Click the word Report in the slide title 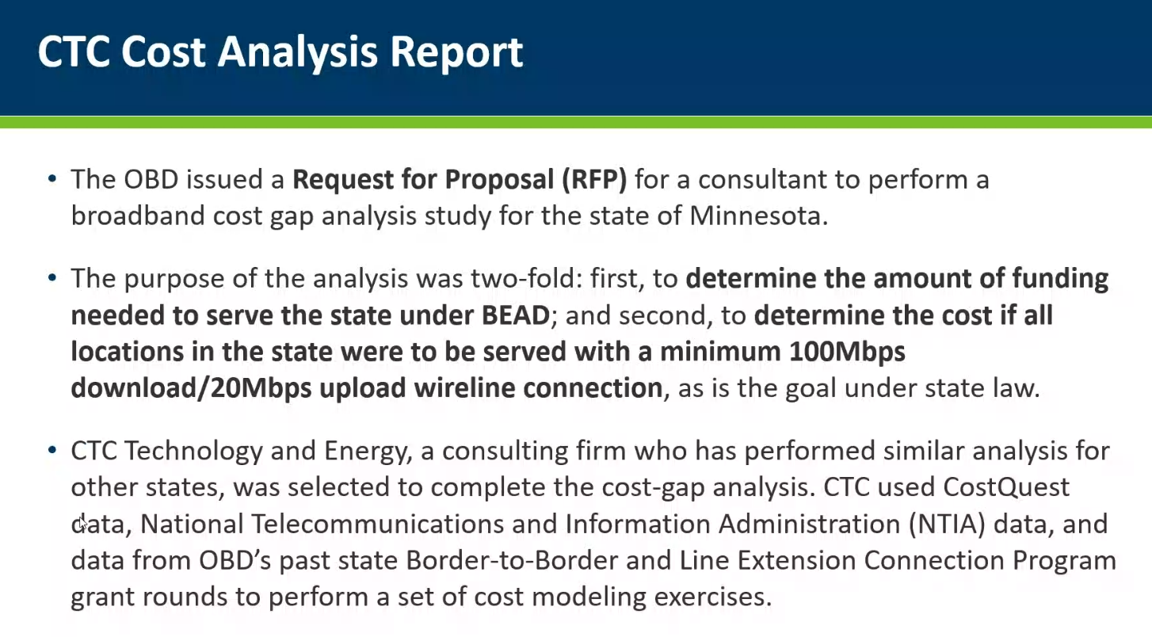click(x=456, y=52)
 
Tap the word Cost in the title click(x=163, y=51)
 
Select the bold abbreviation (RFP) click(x=594, y=180)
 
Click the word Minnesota click(x=758, y=216)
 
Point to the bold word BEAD click(x=516, y=315)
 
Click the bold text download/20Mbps click(x=191, y=388)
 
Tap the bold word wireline click(x=463, y=388)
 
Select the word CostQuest click(x=1006, y=487)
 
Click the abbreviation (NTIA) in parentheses click(x=947, y=524)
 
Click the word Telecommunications click(x=378, y=524)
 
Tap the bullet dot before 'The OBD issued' click(x=52, y=178)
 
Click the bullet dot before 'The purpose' click(x=52, y=277)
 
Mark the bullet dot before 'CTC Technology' click(x=52, y=450)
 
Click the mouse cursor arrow click(x=83, y=524)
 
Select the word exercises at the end click(x=713, y=597)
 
